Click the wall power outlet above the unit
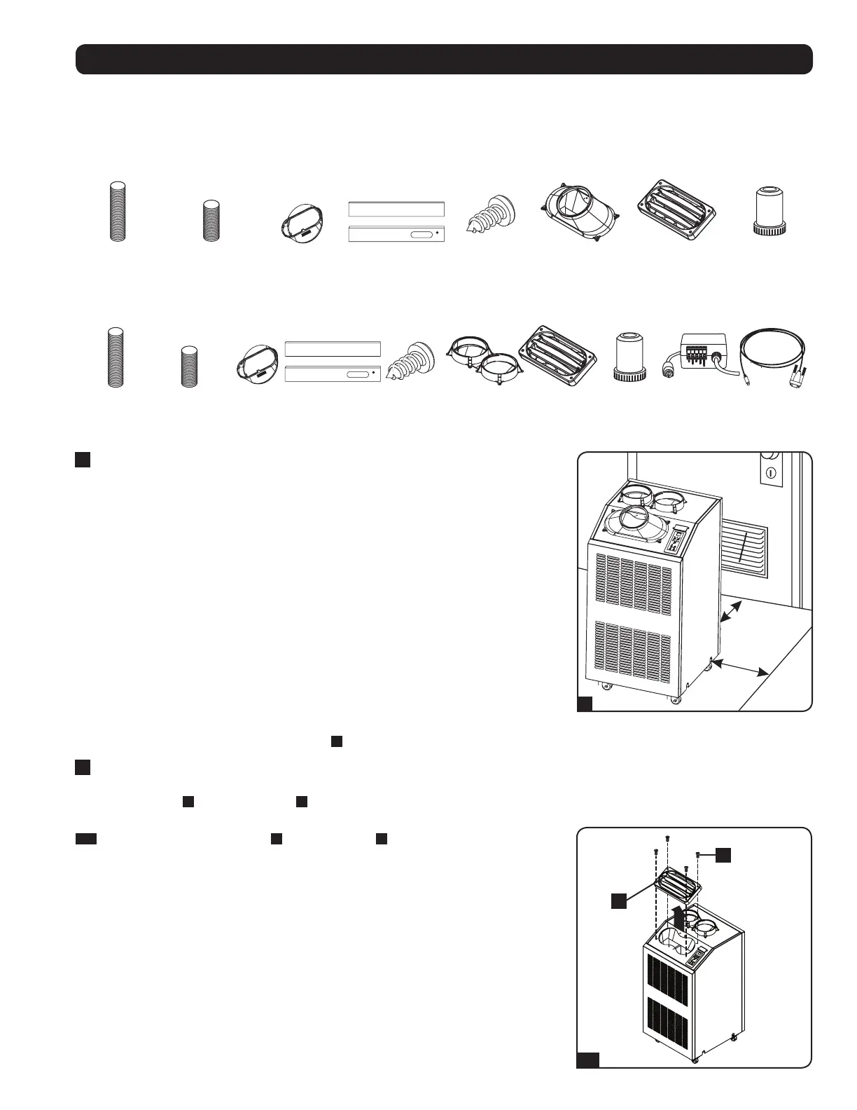point(769,472)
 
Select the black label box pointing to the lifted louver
point(618,901)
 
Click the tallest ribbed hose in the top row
point(118,211)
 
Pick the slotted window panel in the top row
point(396,234)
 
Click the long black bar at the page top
point(444,59)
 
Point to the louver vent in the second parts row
point(558,353)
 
